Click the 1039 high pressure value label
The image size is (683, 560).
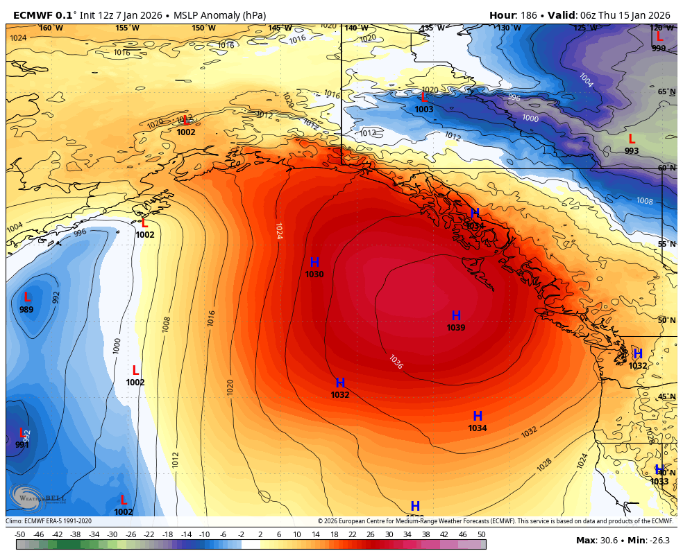[456, 328]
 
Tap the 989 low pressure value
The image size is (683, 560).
[26, 310]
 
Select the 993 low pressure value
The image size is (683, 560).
[632, 150]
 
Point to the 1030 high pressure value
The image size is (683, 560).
[314, 274]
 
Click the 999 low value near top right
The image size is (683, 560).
[659, 48]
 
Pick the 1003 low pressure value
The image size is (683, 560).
[424, 110]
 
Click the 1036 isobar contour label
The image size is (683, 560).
[396, 362]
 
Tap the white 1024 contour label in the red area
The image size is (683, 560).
[278, 230]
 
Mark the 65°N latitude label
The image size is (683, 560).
[666, 91]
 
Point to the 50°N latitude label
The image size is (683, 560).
[666, 320]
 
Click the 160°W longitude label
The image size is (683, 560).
[51, 28]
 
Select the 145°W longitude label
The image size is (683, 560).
[280, 28]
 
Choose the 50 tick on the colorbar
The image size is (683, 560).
[481, 534]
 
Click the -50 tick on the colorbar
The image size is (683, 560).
[20, 534]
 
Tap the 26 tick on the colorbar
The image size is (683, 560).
[371, 534]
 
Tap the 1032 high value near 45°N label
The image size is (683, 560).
[638, 366]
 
